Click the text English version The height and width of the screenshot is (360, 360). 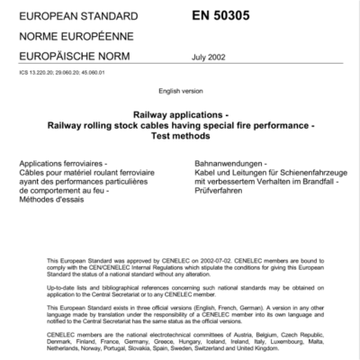[179, 93]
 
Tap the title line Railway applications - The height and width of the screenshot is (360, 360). [179, 116]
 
